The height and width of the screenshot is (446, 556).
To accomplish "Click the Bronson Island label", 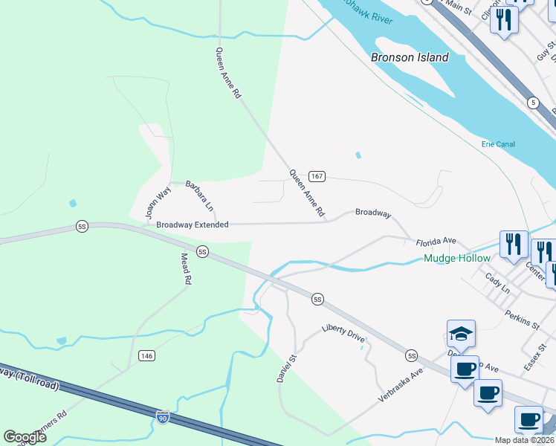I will pyautogui.click(x=410, y=57).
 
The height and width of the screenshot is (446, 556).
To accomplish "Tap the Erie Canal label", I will pyautogui.click(x=498, y=144).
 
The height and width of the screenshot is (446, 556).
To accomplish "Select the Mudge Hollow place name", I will pyautogui.click(x=456, y=259).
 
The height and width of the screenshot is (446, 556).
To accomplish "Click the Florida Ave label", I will pyautogui.click(x=436, y=242).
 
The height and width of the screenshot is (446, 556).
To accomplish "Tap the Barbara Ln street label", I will pyautogui.click(x=199, y=194).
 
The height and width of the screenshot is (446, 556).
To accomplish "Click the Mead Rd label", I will pyautogui.click(x=187, y=269).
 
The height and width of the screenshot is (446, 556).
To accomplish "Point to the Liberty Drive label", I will pyautogui.click(x=343, y=332).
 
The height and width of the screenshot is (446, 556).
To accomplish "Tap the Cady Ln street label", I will pyautogui.click(x=497, y=283).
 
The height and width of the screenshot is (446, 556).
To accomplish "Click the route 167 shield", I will pyautogui.click(x=317, y=176).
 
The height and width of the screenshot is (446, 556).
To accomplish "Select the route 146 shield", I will pyautogui.click(x=146, y=357).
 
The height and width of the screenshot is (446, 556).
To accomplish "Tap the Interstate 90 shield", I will pyautogui.click(x=164, y=418).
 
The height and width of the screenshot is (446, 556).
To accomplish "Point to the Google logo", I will pyautogui.click(x=25, y=437).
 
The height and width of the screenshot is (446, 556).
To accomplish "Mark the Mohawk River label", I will pyautogui.click(x=368, y=16).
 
